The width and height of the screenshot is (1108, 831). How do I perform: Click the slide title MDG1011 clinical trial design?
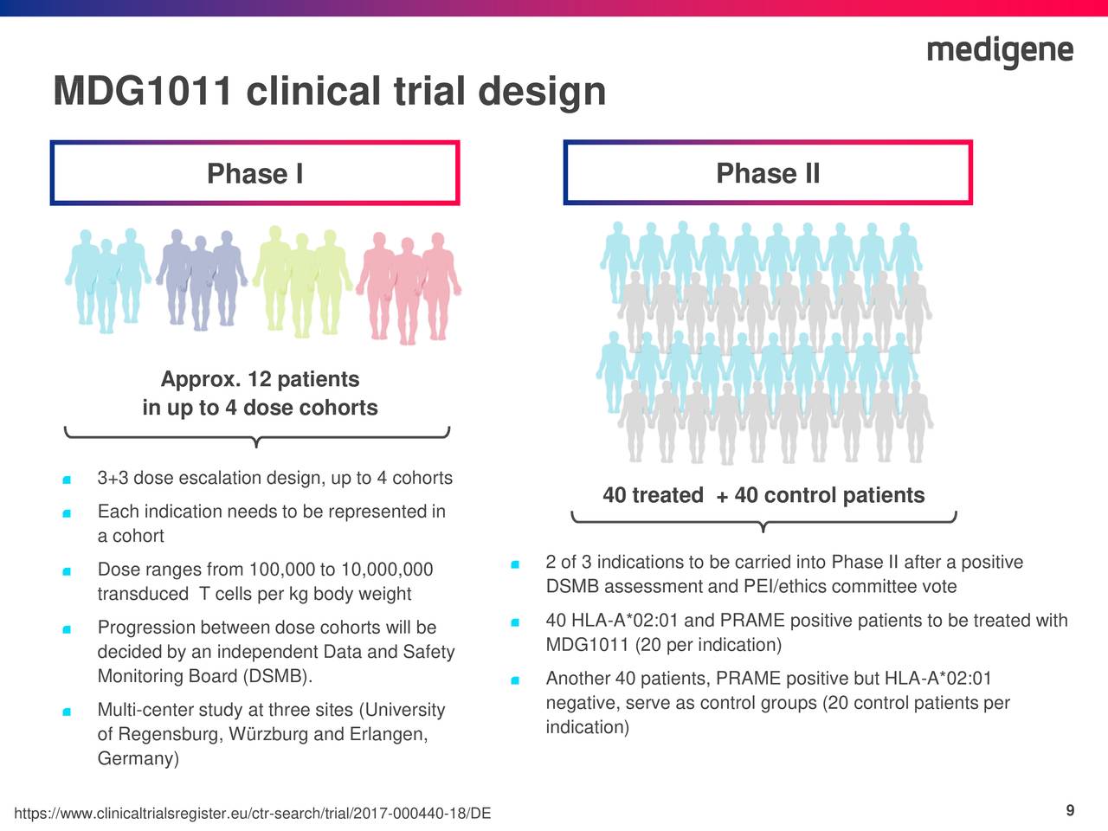(x=329, y=92)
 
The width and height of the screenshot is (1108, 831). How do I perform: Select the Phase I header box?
(x=254, y=173)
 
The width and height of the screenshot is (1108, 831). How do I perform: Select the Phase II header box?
(x=768, y=173)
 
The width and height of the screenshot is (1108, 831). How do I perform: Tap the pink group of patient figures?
(x=409, y=286)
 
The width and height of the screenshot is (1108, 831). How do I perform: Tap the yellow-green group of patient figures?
(x=303, y=281)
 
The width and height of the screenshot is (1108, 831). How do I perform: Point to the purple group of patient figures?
(x=201, y=279)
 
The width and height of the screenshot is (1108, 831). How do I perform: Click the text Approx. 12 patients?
(x=260, y=379)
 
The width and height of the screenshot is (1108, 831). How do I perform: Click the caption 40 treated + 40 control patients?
(x=763, y=495)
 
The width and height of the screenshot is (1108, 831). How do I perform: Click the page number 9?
(x=1070, y=810)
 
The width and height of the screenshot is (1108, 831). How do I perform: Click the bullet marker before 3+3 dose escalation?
(x=67, y=480)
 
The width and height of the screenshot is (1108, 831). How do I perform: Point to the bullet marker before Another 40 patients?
(x=514, y=680)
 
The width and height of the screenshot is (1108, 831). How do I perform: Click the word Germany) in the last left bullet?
(x=138, y=759)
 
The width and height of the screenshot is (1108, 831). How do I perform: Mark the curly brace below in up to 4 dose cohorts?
(x=256, y=436)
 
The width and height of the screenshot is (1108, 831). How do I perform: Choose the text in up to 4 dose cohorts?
(x=260, y=408)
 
